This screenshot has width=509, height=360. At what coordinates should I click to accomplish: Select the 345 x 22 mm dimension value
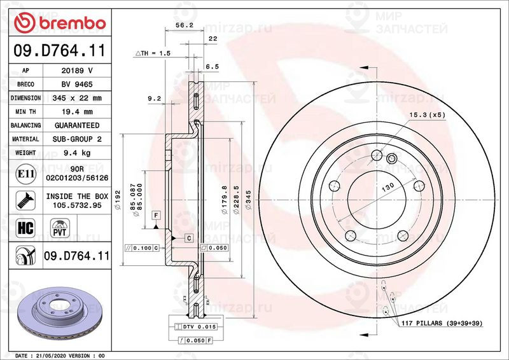point(77,98)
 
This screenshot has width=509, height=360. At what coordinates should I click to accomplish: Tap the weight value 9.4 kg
point(77,153)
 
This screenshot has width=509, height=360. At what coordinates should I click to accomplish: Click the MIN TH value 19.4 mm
point(77,112)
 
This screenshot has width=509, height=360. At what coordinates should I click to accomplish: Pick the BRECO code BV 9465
point(77,84)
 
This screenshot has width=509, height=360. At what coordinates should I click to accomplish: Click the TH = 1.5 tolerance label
point(153,54)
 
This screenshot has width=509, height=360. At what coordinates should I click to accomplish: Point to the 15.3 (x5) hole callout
point(426,114)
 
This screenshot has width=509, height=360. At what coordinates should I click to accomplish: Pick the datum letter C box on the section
point(189,238)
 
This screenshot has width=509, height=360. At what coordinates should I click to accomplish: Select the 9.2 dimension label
point(153,99)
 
